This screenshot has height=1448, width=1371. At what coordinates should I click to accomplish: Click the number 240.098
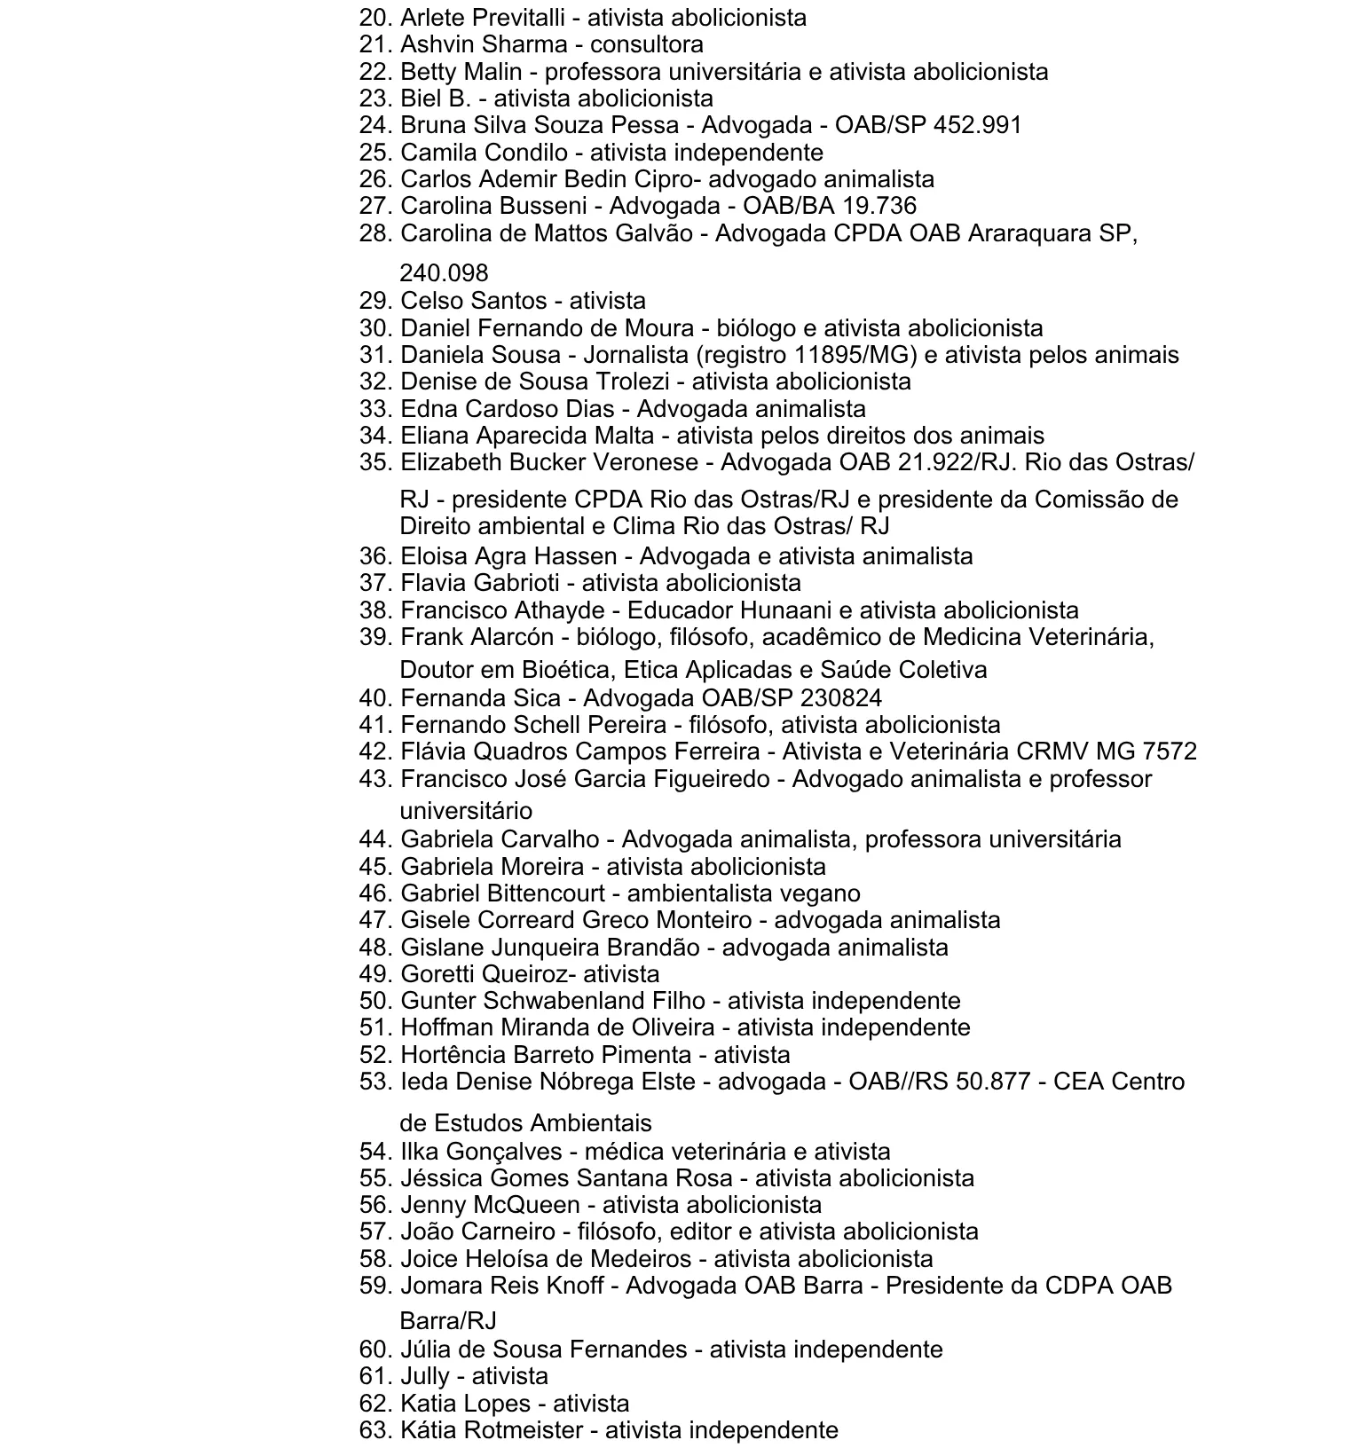444,272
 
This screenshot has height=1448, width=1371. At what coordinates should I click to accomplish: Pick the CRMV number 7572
1170,752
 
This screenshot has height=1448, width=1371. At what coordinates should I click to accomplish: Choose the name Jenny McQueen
490,1205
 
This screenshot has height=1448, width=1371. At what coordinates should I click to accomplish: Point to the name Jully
425,1376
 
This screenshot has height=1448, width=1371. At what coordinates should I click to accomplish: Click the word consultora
646,44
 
